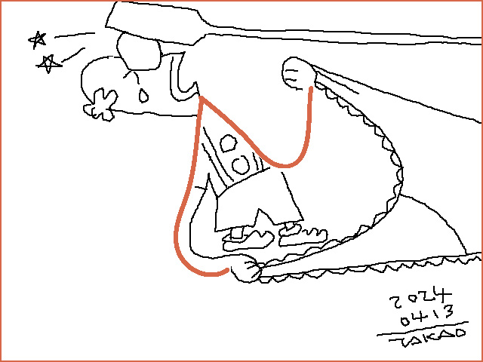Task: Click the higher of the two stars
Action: tap(38, 40)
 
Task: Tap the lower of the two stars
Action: tap(48, 64)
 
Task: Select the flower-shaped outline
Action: tap(100, 105)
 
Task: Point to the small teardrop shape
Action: tap(143, 96)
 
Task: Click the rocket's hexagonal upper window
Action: tap(228, 143)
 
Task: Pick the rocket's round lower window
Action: tap(241, 165)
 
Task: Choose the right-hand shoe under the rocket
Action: tap(303, 235)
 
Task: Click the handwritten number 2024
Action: tap(421, 298)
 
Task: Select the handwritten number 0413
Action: tap(427, 315)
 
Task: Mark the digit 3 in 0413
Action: tap(448, 311)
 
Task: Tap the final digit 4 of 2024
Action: tap(443, 295)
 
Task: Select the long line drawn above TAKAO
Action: tap(423, 329)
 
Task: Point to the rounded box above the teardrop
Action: tap(139, 52)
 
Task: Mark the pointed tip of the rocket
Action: tap(201, 97)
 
